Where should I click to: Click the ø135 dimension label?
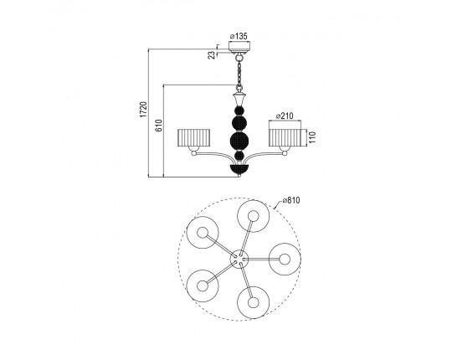[239, 36]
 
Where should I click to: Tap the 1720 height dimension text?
[144, 109]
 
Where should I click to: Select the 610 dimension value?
[159, 126]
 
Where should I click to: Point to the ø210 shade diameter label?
[285, 116]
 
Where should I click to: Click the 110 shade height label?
[312, 137]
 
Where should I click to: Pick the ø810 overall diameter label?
[291, 200]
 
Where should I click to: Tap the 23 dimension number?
[212, 54]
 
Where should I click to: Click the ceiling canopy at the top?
[239, 47]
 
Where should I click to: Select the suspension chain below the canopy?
[239, 73]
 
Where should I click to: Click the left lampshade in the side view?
[193, 138]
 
